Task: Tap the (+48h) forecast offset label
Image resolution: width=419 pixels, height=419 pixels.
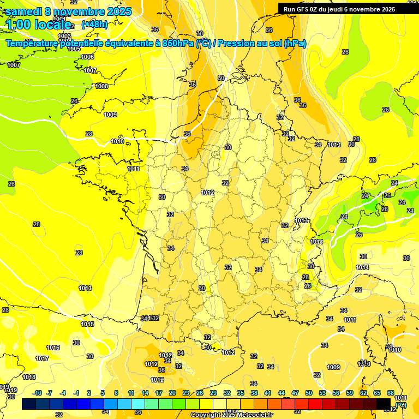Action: (94, 24)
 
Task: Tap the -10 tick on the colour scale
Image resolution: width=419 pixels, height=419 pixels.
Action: (38, 393)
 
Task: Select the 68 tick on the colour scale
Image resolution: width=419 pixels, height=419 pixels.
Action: (391, 393)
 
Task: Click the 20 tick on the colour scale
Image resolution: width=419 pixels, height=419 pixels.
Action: (172, 393)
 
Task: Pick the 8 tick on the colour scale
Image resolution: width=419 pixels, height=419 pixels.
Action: (116, 393)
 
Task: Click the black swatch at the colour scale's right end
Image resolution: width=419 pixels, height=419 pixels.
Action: (384, 404)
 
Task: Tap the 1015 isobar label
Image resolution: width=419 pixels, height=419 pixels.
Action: (87, 324)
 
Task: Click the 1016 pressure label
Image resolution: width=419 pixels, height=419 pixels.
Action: (53, 348)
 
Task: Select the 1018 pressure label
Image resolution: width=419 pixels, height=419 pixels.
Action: (29, 377)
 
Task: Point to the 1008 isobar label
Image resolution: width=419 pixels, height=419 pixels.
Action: (101, 86)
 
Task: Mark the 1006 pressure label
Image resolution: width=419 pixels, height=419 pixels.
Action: (87, 57)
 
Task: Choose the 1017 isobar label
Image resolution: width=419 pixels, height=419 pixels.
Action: (42, 358)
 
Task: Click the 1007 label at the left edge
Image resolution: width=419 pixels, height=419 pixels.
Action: (14, 65)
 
